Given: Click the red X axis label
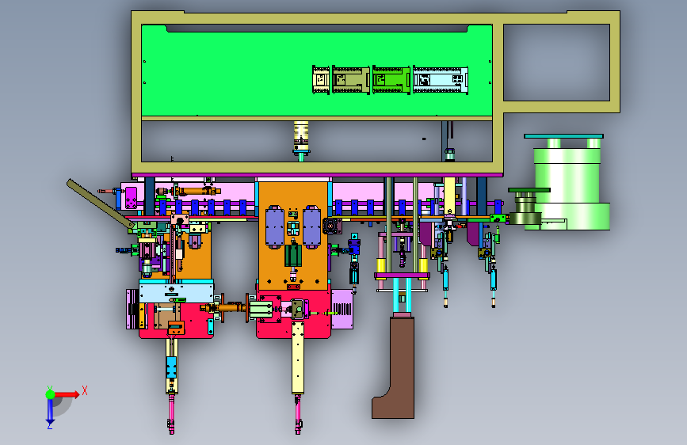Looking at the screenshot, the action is pos(85,390).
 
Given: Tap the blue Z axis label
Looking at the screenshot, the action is pos(50,425).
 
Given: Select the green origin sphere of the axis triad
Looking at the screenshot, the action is pos(51,394).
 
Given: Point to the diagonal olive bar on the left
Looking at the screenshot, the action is pos(101,203).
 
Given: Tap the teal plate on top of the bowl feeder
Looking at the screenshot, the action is pos(563,136).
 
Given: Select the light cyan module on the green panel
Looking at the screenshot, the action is pos(441,80).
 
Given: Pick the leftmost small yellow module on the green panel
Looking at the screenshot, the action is pos(321,80).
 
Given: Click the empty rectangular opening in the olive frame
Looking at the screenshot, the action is pos(556,63).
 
